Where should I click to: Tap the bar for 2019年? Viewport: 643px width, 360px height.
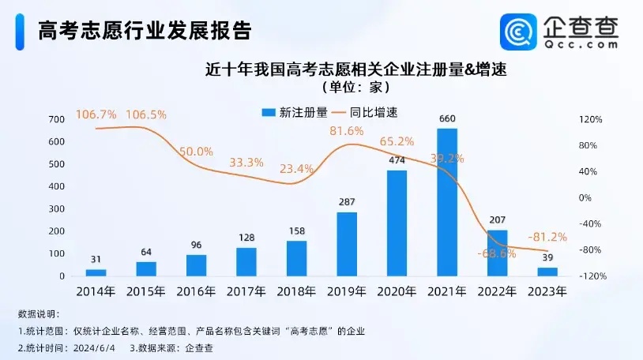[x=347, y=244]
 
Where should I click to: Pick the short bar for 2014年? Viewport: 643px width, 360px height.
[x=96, y=272]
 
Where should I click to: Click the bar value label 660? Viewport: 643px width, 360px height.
[x=447, y=119]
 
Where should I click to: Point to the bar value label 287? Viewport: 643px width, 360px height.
[x=347, y=203]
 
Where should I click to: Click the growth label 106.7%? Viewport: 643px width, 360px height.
[x=96, y=114]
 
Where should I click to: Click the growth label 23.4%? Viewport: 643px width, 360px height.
[x=296, y=168]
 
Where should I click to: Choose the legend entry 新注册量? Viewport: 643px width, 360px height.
[x=294, y=113]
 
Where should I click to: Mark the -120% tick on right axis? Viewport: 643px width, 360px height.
[x=591, y=276]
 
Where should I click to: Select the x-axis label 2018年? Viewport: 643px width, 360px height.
[x=296, y=291]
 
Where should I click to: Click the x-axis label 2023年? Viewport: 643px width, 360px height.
[x=547, y=291]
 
